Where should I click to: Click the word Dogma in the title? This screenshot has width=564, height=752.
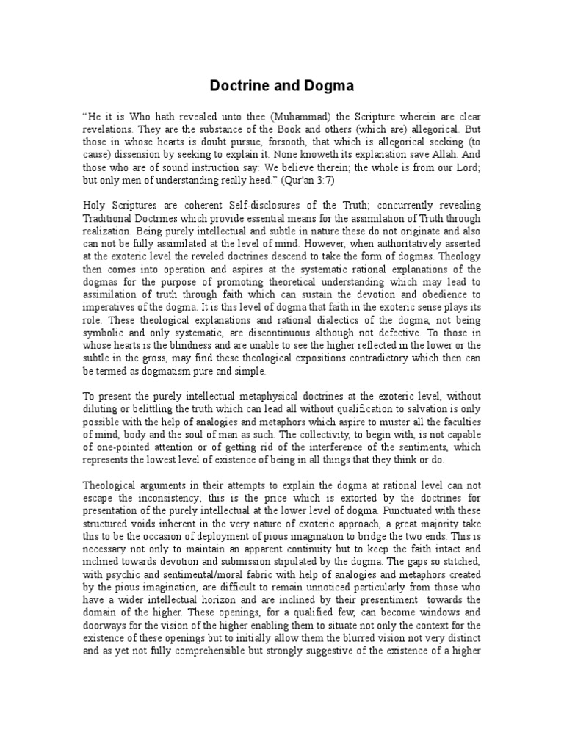327,86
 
